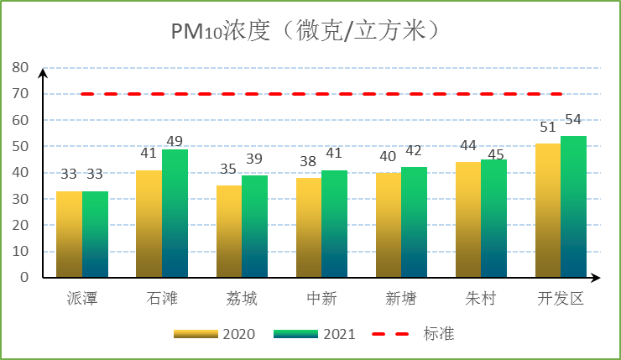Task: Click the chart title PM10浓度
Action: (307, 31)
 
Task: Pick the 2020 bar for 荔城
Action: (228, 232)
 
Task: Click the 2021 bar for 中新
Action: (334, 224)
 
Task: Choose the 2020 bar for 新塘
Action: (388, 225)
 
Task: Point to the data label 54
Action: (573, 119)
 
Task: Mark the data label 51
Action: (548, 128)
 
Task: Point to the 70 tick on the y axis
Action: (20, 94)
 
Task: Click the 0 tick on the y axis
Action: (24, 277)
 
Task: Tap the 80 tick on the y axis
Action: (20, 68)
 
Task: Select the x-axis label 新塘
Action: (400, 299)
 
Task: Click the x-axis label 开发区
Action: (561, 299)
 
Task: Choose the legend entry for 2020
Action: (214, 334)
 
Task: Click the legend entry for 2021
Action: (315, 334)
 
